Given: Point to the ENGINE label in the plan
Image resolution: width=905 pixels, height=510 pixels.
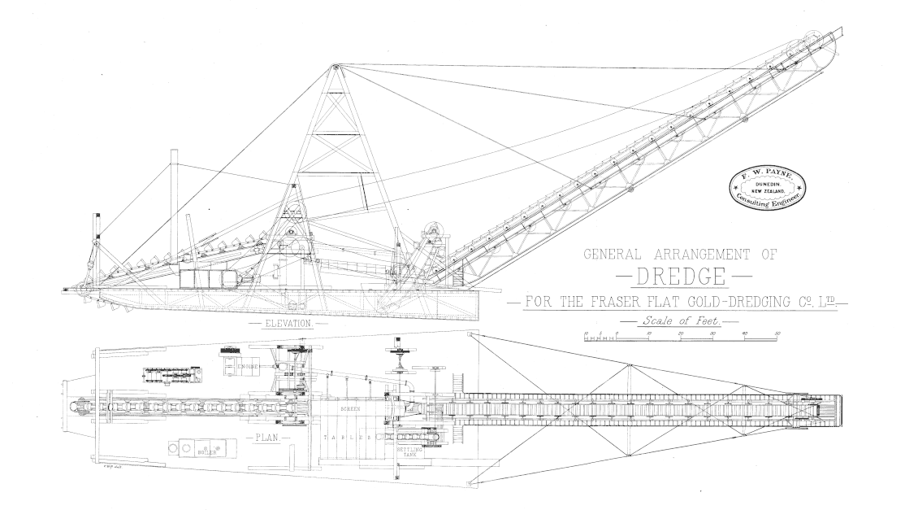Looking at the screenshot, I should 249,366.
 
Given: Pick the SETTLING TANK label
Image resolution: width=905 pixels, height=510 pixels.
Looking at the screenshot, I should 409,451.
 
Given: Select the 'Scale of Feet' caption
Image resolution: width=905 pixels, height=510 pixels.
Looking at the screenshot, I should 680,323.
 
